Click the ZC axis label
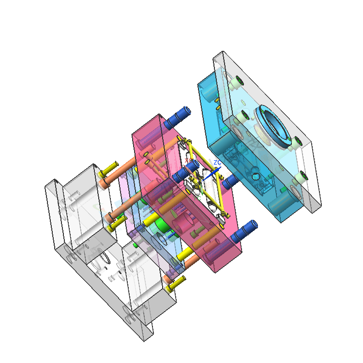[x=217, y=162]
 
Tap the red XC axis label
[x=187, y=161]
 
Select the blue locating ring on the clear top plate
[x=273, y=126]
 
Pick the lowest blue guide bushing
[x=244, y=231]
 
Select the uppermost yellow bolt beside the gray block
[x=109, y=170]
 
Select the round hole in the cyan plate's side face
[x=256, y=172]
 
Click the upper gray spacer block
[x=82, y=203]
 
